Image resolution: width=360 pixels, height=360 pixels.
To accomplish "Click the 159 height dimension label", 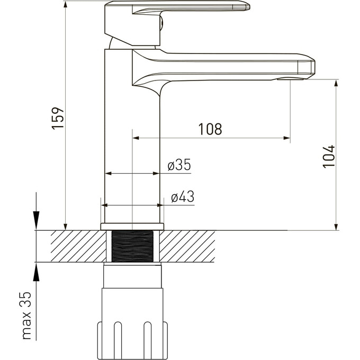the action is click(58, 118).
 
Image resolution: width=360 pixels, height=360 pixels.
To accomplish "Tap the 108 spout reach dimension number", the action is click(210, 129).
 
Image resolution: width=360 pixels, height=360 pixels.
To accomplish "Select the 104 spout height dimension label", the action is click(329, 157).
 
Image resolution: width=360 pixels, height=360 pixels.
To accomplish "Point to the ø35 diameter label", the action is click(179, 165).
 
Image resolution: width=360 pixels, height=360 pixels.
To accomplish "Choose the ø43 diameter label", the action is click(183, 196).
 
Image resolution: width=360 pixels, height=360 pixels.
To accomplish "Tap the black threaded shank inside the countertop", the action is click(132, 246).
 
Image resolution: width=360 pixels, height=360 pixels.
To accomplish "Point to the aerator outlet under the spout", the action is click(290, 79).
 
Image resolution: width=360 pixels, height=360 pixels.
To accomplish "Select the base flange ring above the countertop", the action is click(132, 227).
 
